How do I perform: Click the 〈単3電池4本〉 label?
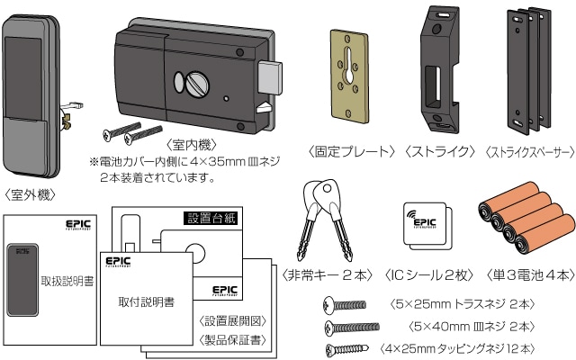click(x=524, y=274)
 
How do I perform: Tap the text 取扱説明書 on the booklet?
click(x=67, y=282)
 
